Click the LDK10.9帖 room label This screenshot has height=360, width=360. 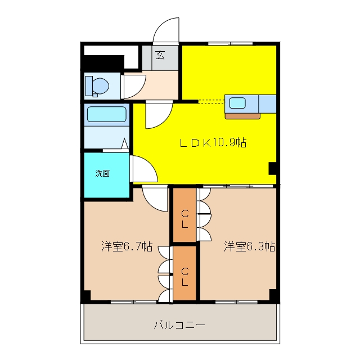click(213, 142)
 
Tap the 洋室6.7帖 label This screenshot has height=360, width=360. click(127, 246)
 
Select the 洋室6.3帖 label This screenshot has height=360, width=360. click(250, 246)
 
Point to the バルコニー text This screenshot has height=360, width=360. click(179, 325)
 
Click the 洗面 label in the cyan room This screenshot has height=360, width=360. click(102, 173)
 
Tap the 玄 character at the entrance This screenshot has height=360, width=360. click(160, 55)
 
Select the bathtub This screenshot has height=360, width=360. click(107, 114)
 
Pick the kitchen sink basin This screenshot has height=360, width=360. click(237, 102)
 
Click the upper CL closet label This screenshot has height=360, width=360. click(185, 219)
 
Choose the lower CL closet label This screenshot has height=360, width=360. click(185, 277)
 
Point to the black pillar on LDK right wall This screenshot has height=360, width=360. click(272, 168)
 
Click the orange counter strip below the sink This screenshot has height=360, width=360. click(242, 116)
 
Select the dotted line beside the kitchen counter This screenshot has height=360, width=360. click(211, 101)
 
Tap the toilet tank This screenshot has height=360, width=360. click(89, 86)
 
